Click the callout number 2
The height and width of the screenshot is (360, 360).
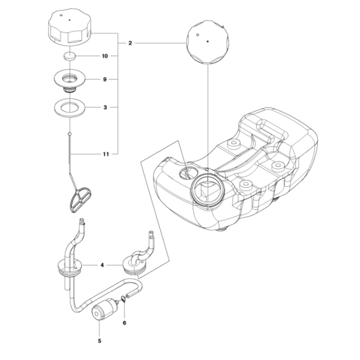[130, 43]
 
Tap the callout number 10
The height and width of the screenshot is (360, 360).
[105, 56]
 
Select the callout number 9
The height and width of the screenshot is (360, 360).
[105, 80]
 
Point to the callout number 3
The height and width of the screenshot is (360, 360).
[105, 106]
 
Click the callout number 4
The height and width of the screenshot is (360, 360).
[102, 264]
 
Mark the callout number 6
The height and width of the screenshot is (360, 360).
[125, 323]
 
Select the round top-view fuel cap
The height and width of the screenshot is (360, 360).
[208, 42]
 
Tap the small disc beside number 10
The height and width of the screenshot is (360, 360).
[69, 56]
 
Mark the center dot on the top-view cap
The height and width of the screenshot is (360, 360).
[208, 42]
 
